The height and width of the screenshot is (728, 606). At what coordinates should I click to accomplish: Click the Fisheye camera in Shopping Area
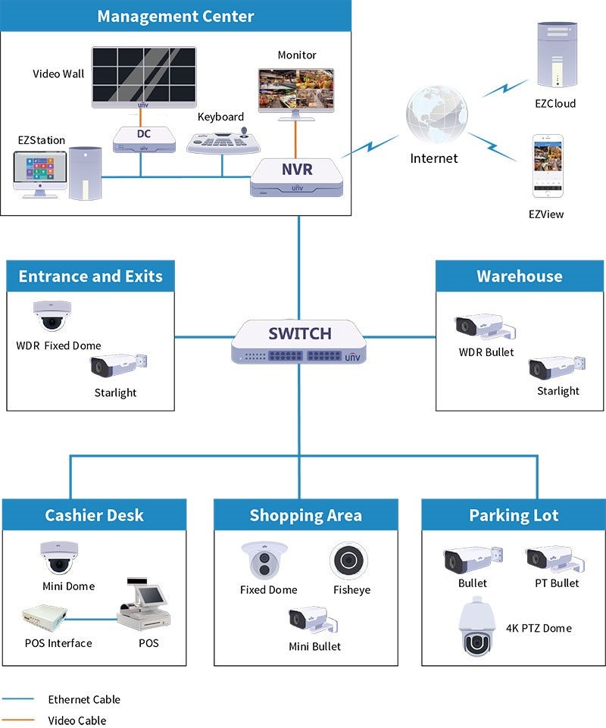349,561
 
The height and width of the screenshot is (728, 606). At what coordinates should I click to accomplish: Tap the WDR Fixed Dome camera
52,316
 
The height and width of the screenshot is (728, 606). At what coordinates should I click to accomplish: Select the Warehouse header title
520,277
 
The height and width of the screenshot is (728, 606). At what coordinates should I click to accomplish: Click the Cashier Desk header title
94,516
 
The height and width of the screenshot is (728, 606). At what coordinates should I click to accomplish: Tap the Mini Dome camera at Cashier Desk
58,558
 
